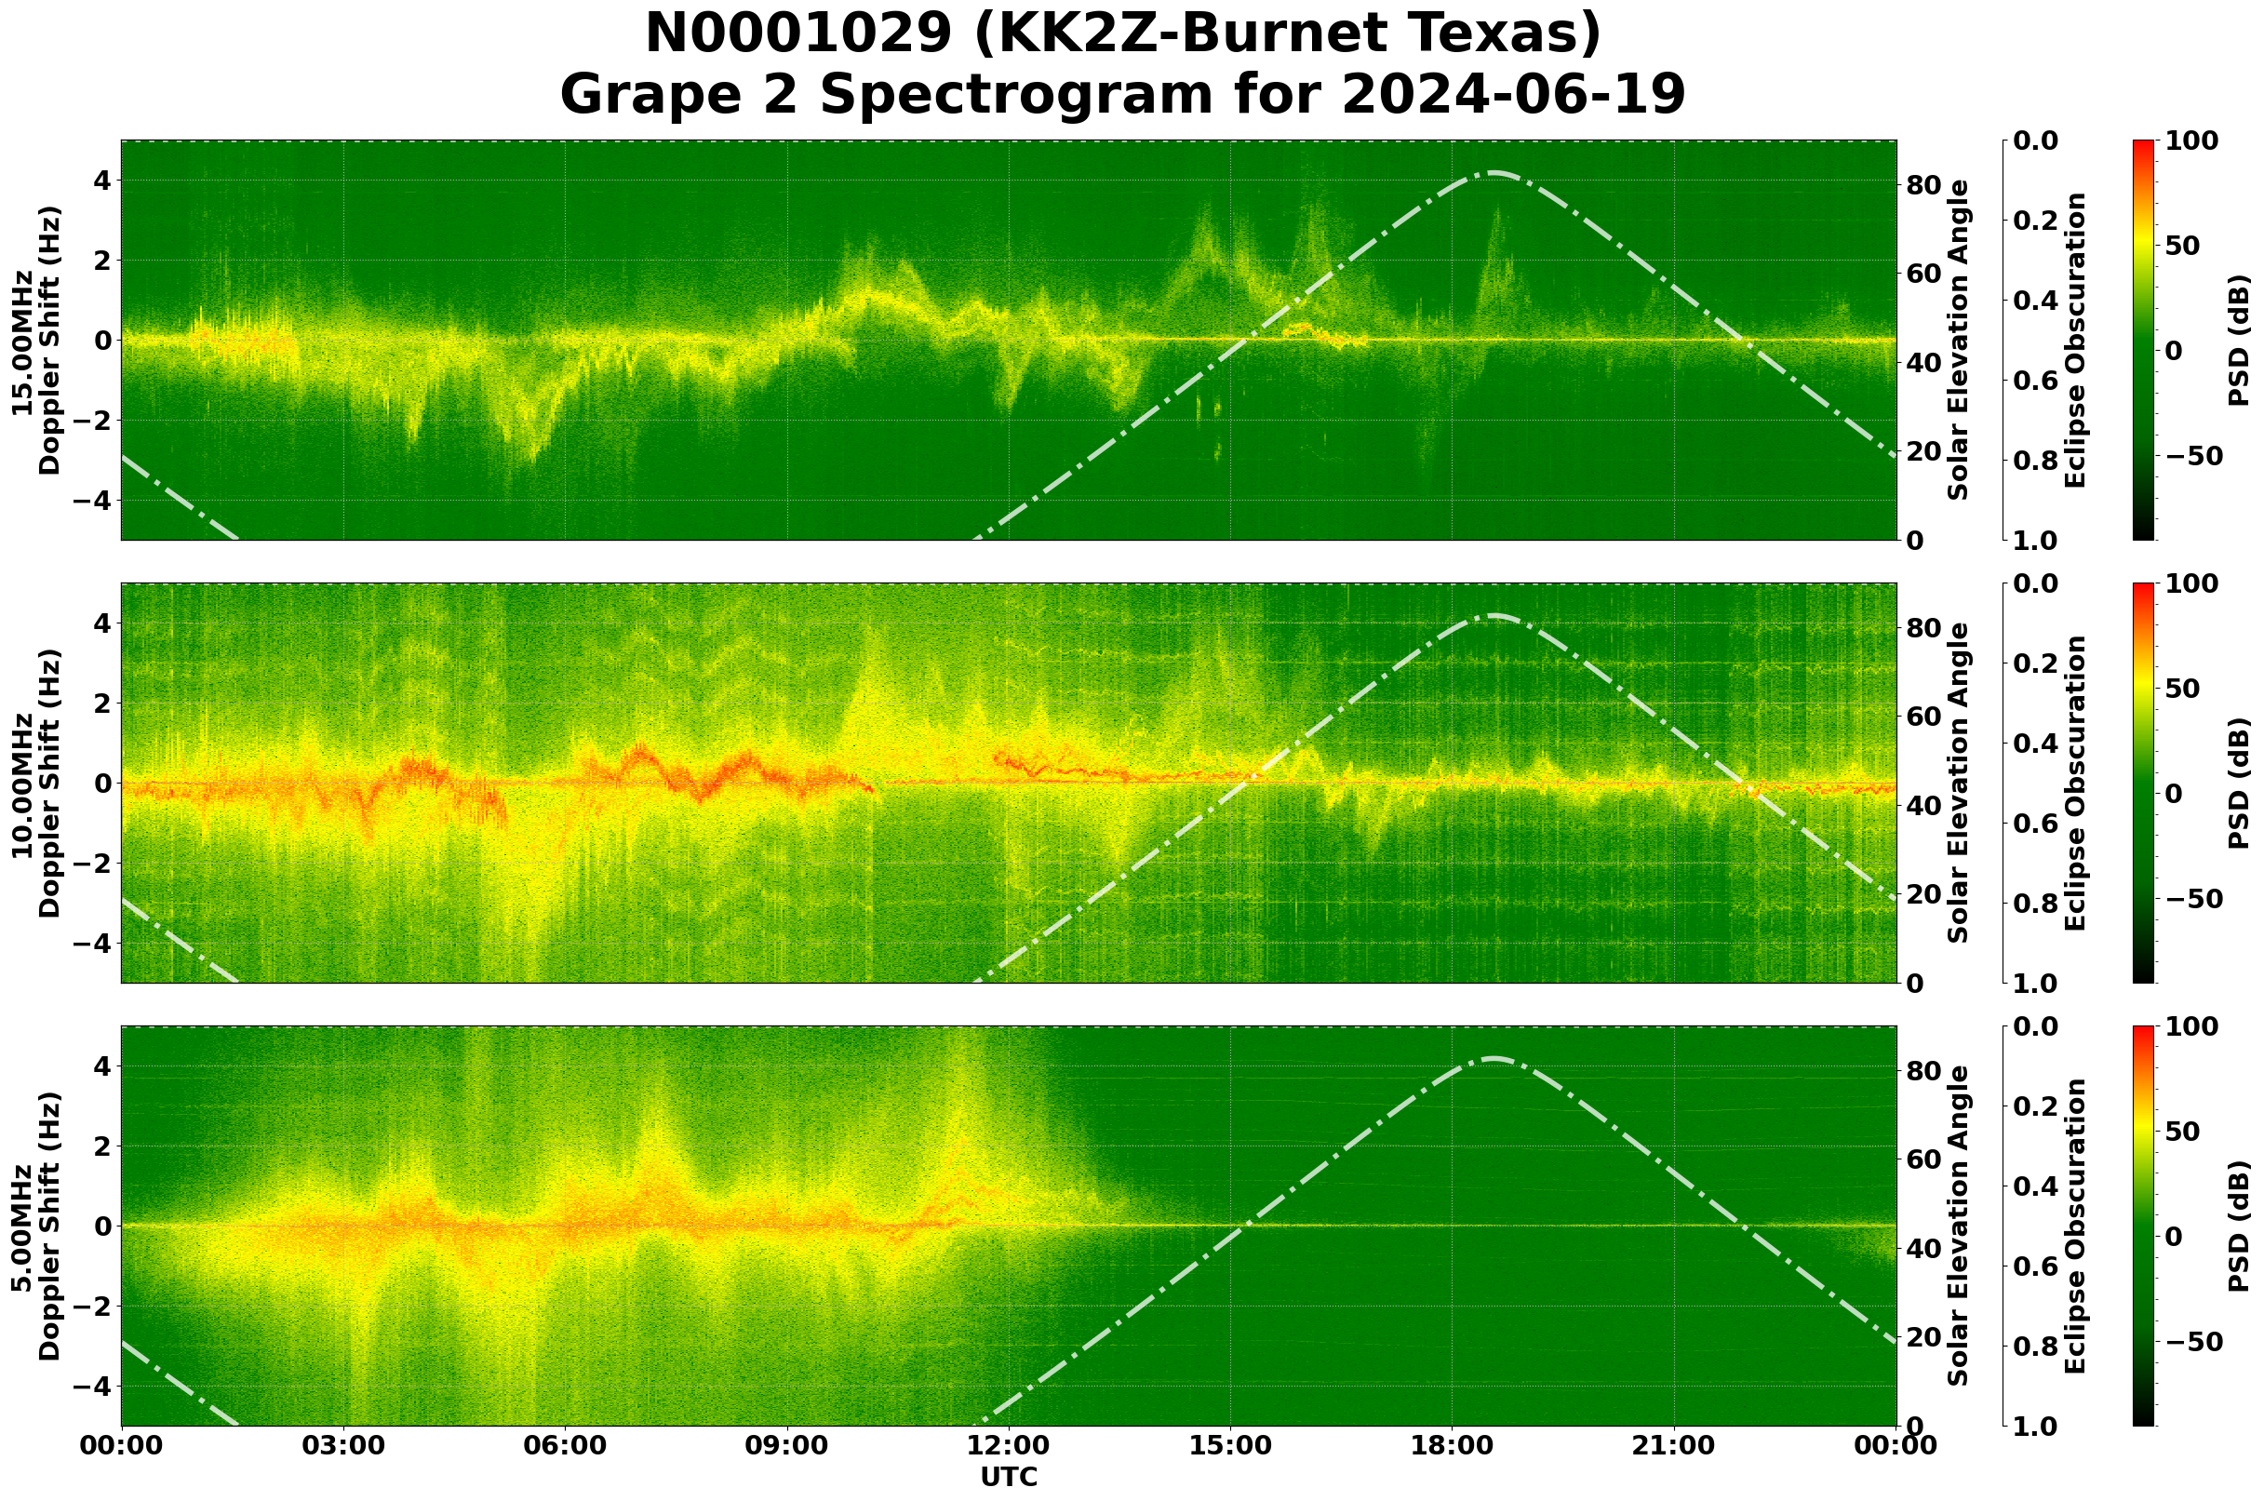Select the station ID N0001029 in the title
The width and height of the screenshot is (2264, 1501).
tap(799, 34)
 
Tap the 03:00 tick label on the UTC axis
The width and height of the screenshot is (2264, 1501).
tap(343, 1446)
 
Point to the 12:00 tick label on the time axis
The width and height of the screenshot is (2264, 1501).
tap(1009, 1446)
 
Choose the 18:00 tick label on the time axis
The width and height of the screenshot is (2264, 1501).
tap(1453, 1446)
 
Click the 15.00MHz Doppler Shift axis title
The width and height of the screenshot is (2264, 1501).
tap(36, 341)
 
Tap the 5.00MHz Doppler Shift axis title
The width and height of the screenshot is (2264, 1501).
tap(36, 1226)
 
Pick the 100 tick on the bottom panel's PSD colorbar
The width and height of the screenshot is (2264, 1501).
tap(2192, 1027)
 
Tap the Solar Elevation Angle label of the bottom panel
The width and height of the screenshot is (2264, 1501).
tap(1959, 1226)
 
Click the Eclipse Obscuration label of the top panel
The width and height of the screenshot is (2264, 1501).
tap(2074, 341)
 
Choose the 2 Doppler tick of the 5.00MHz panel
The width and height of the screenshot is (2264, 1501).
tap(103, 1146)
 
